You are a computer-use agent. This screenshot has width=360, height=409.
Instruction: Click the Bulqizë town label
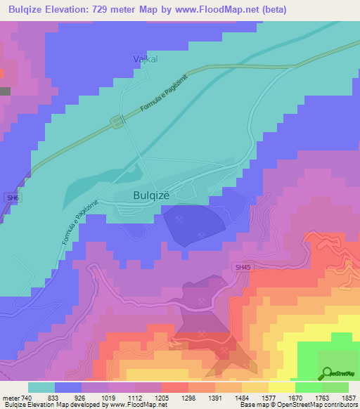[151, 197]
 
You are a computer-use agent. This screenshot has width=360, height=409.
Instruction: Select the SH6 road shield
[12, 198]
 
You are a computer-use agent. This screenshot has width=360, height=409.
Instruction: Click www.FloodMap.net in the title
[208, 8]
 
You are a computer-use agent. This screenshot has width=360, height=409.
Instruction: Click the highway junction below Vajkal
[117, 122]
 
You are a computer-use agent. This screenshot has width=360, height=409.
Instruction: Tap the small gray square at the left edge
[4, 91]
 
